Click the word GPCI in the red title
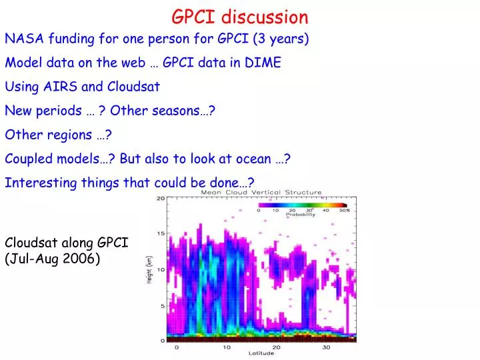tap(195, 17)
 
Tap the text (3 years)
tap(282, 39)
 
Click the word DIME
tap(263, 63)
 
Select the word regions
tap(71, 135)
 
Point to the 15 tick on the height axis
tap(161, 233)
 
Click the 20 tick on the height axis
tap(161, 199)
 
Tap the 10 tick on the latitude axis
tap(226, 347)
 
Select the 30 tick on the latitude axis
tap(327, 347)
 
